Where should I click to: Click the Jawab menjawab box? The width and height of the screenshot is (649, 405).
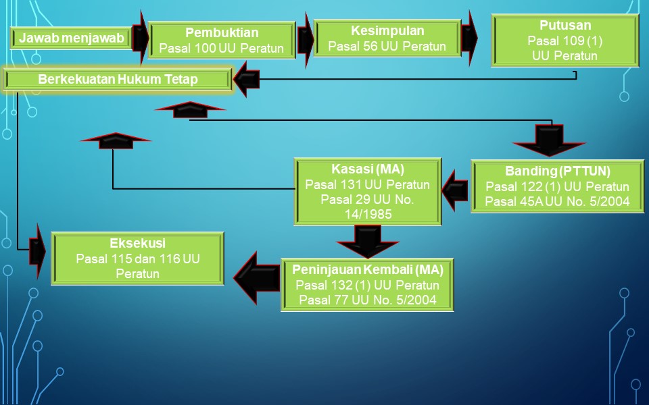(x=71, y=38)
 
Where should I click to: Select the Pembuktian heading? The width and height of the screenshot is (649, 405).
(x=222, y=32)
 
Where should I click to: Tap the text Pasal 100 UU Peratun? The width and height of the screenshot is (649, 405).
(x=222, y=49)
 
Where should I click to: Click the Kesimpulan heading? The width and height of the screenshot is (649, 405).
(x=387, y=30)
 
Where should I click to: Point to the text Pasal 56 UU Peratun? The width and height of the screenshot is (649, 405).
(x=387, y=47)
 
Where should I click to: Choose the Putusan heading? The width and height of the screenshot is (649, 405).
(x=565, y=26)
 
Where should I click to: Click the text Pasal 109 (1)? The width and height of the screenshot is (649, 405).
(x=565, y=41)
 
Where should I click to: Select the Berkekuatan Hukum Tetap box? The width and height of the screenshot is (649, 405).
(x=118, y=80)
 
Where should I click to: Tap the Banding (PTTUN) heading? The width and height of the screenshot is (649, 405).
(x=558, y=171)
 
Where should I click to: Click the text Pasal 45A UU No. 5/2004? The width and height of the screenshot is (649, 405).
(x=558, y=201)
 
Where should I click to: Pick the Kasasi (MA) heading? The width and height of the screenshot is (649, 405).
(x=368, y=169)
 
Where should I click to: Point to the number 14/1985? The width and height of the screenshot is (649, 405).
(x=368, y=215)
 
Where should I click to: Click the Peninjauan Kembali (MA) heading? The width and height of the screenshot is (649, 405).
(x=368, y=270)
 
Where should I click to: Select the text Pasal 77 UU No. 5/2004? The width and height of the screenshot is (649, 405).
(x=368, y=300)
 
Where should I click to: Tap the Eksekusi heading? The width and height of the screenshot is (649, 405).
(x=137, y=243)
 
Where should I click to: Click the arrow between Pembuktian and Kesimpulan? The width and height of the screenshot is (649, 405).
(x=305, y=39)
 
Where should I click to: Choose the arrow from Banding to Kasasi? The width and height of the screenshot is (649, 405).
(x=455, y=190)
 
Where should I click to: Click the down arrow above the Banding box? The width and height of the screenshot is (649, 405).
(x=549, y=142)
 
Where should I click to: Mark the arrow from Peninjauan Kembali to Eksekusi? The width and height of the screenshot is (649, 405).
(x=256, y=277)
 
